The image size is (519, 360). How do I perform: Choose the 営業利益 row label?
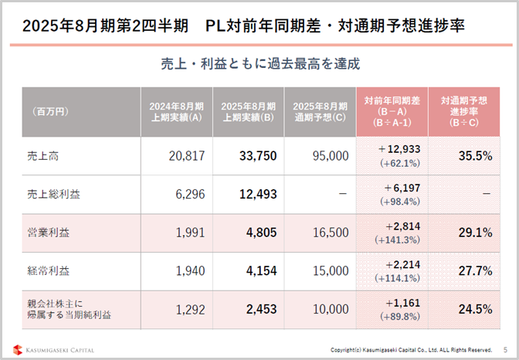[x=43, y=232]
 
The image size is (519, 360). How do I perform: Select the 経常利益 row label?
[x=43, y=270]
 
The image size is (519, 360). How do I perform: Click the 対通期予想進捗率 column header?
[x=463, y=111]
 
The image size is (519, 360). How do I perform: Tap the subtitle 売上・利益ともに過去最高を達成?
[x=259, y=63]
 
